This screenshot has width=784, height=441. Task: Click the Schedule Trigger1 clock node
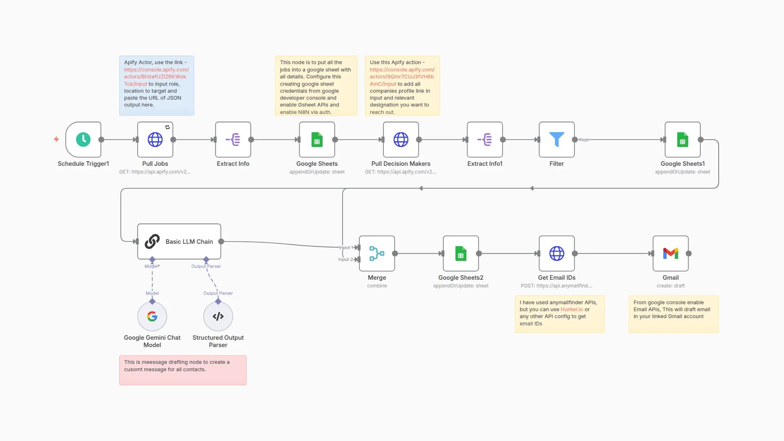[83, 140]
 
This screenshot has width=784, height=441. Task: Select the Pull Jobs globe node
[155, 140]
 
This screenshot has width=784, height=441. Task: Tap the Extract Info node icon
[233, 140]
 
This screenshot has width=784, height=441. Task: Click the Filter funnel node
[557, 140]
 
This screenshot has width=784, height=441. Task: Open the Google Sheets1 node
[682, 140]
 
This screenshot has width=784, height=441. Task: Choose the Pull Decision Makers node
[401, 140]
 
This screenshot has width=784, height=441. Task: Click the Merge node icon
[376, 254]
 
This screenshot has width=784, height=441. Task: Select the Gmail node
[670, 254]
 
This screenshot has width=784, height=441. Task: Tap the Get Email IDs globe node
[557, 254]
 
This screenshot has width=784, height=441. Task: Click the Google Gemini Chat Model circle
[152, 316]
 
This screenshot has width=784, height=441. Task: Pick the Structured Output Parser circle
[218, 316]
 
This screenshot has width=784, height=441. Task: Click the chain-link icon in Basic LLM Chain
[152, 241]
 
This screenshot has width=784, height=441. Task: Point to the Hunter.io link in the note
[572, 310]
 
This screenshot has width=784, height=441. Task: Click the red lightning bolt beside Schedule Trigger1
[56, 139]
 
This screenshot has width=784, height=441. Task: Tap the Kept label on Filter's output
[584, 140]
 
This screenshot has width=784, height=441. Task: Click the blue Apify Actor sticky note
[156, 86]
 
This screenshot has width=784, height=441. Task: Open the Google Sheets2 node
[461, 254]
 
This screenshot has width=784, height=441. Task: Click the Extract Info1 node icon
[485, 140]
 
